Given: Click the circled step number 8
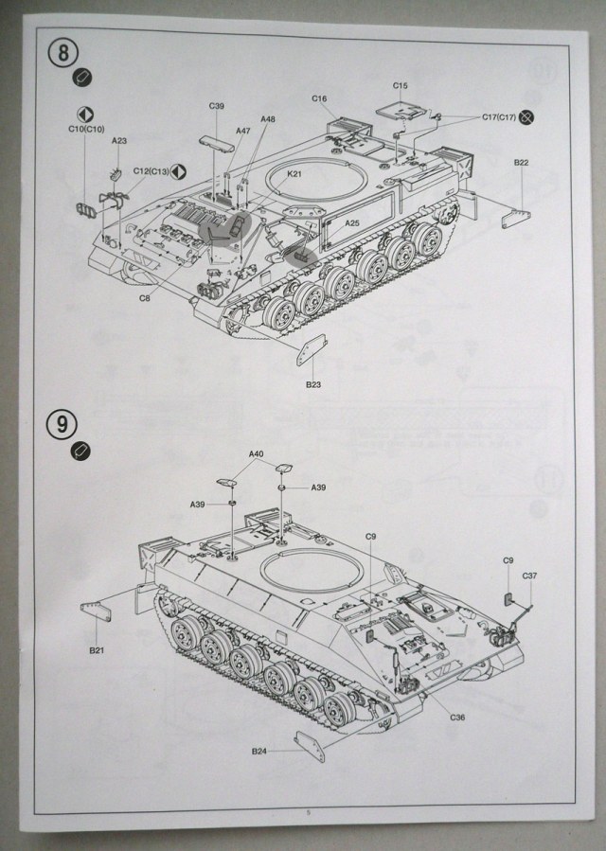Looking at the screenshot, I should tap(62, 53).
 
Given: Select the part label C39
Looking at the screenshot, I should tap(217, 106).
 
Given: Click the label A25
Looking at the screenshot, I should tap(352, 223).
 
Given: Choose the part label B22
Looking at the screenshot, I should tap(522, 164).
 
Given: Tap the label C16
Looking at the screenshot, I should tap(318, 99).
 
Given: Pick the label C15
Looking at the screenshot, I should tap(401, 85).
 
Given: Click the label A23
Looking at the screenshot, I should tap(119, 140).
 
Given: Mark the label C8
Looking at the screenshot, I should tap(145, 298).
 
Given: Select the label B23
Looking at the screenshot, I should tap(313, 385).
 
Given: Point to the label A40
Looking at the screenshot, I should tap(256, 454).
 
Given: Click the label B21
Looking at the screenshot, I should tap(96, 650).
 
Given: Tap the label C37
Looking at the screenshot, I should tap(530, 576).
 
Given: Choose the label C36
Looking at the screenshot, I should tap(458, 717).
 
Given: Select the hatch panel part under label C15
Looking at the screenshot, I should tap(400, 107).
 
